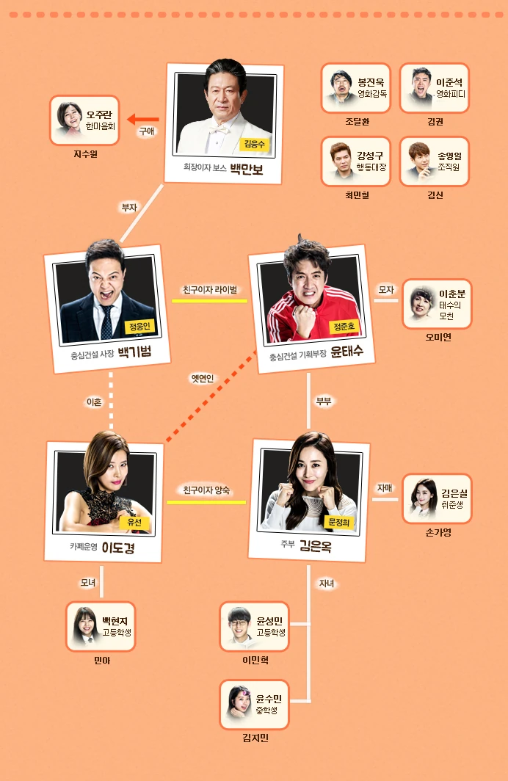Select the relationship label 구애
[146, 132]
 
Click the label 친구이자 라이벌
[209, 289]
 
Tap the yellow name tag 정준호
[344, 325]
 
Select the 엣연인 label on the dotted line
[202, 379]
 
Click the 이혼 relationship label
[94, 402]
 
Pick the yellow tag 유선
[134, 522]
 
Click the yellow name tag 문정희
[338, 522]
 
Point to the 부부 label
[324, 402]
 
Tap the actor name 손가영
[438, 532]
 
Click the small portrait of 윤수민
[239, 702]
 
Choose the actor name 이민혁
[255, 660]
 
